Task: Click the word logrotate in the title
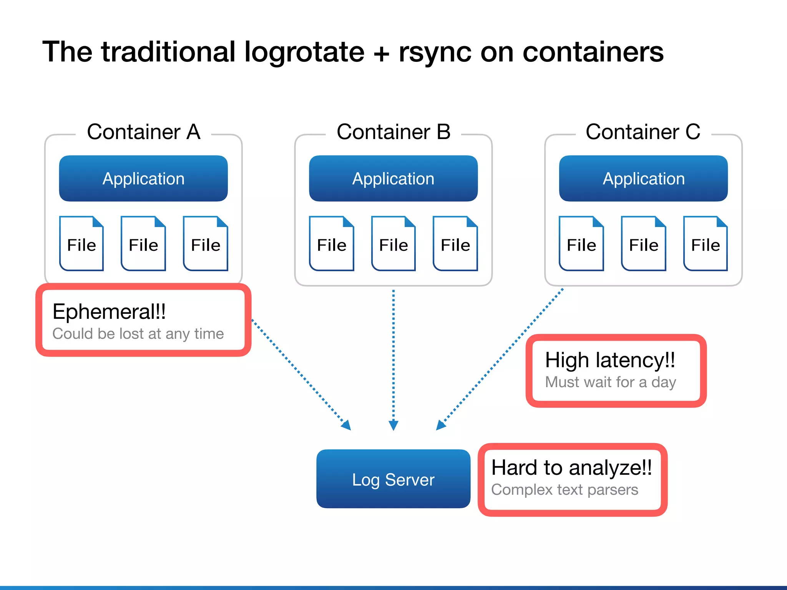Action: point(304,53)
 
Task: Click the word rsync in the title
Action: point(434,53)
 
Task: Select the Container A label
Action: point(143,132)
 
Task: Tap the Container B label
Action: point(393,132)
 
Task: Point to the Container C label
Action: point(643,132)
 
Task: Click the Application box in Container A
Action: point(143,179)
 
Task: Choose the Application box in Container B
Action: point(393,179)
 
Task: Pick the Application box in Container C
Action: point(643,179)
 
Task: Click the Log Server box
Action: point(393,479)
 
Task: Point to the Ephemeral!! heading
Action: point(109,312)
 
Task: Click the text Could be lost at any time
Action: point(138,334)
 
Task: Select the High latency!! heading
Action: point(610,360)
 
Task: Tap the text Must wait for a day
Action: point(610,382)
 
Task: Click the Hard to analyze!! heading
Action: point(571,468)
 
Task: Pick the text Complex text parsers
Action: point(565,490)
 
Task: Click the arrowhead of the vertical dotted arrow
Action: point(393,425)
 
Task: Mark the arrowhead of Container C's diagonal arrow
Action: point(441,425)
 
